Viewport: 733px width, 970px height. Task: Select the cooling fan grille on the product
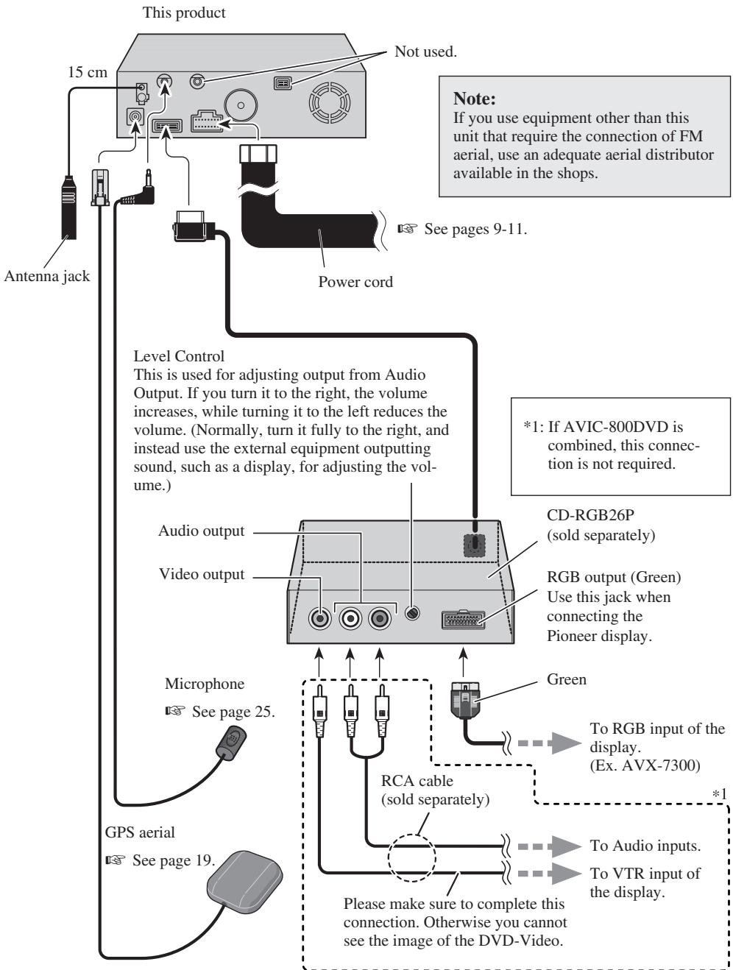click(329, 102)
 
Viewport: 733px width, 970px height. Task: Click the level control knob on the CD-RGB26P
click(412, 613)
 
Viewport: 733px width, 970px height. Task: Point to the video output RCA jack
click(319, 617)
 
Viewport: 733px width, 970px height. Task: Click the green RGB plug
click(465, 700)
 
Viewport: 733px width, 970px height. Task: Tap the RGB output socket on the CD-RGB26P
click(463, 619)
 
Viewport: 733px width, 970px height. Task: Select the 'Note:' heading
click(474, 99)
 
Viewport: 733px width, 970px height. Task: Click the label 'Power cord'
click(355, 281)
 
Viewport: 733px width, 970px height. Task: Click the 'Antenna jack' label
click(47, 276)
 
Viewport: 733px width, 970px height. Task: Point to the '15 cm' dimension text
click(88, 72)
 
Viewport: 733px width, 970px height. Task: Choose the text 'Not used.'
click(425, 52)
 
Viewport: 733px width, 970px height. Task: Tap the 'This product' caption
click(184, 13)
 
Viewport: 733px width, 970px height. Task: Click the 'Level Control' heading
click(179, 356)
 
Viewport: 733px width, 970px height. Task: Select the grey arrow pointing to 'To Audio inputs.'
click(549, 846)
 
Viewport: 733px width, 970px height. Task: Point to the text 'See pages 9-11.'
click(475, 229)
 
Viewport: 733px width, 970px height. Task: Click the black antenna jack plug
click(68, 208)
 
